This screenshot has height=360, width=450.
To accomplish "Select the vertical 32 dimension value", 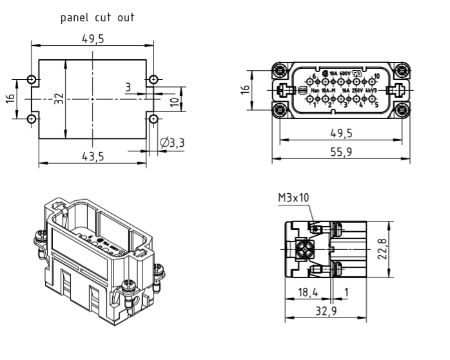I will pos(59,99).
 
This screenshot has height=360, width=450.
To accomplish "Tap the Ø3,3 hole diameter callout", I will pos(171,142).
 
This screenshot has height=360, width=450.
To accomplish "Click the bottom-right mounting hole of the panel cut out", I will pos(153,119).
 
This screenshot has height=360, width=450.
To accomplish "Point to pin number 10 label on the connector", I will pos(377,77).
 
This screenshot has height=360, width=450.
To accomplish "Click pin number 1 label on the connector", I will pos(315,104).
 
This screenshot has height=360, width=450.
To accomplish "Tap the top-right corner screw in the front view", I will pos(402,72).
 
